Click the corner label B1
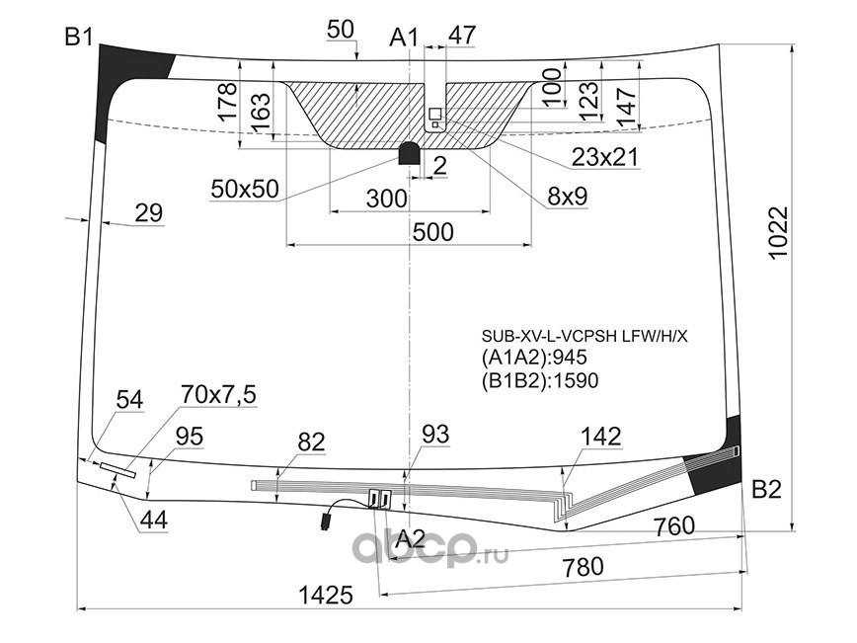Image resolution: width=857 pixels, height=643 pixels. pos(79,38)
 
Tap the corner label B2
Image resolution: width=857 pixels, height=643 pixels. pos(767,489)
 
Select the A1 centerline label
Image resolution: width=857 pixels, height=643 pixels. pos(404,38)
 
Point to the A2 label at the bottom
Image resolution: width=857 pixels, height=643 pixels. pos(410,539)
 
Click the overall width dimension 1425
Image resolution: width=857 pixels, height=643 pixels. pos(326,595)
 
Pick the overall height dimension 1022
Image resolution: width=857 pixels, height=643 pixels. pos(778,233)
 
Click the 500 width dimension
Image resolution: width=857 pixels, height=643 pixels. pos(432,232)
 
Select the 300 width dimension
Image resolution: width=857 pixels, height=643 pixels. pos(386,199)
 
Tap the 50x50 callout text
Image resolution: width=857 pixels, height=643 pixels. pos(245,189)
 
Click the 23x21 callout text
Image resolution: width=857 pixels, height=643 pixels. pos(605,157)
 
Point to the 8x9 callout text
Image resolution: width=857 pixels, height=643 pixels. pos(568,197)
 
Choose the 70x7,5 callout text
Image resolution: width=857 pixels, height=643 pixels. pos(218,395)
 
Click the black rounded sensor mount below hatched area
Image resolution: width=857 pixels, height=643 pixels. pos(410,153)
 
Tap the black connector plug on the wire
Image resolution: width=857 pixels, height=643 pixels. pos(326,520)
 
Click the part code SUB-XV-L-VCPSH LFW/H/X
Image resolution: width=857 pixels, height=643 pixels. pos(584,336)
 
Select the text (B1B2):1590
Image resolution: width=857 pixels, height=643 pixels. pos(540,380)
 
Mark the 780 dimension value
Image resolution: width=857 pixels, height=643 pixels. pos(584,567)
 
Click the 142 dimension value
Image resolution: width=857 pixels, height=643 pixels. pos(601,437)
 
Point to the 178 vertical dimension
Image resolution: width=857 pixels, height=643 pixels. pos(227,102)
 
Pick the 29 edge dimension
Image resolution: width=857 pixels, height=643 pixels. pos(149,212)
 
